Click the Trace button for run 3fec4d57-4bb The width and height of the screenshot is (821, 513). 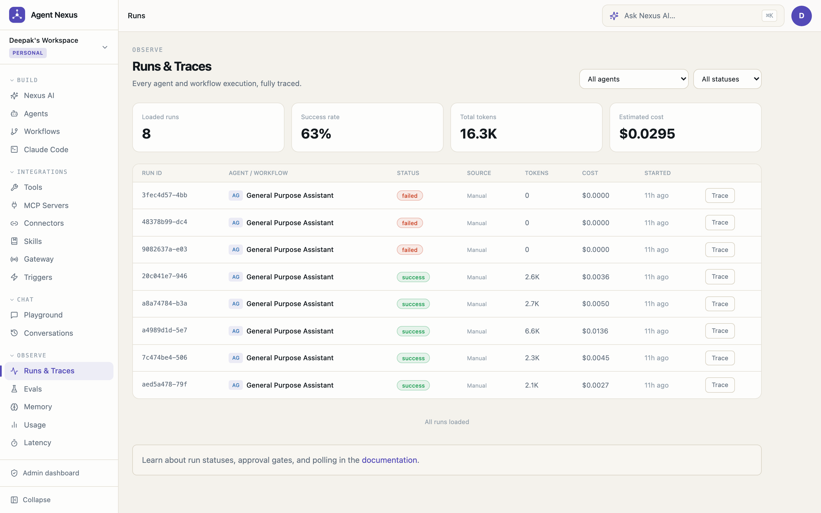(720, 196)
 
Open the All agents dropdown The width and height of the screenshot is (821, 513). (634, 79)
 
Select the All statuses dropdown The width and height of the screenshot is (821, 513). (727, 79)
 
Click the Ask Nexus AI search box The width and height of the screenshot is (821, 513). (693, 16)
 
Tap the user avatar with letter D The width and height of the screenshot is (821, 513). (801, 16)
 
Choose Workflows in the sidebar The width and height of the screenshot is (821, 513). (42, 131)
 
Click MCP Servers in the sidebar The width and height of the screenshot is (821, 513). (46, 205)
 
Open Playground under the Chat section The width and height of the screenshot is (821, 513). (43, 315)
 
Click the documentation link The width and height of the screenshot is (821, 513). (389, 460)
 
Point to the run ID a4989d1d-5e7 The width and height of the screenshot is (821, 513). (164, 330)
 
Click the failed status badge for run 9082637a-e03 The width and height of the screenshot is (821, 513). (409, 250)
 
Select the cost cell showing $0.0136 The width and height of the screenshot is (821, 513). (595, 331)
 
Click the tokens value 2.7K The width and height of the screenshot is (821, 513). (532, 304)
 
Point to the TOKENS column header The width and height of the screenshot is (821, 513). (537, 173)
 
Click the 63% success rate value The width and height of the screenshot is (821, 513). (316, 134)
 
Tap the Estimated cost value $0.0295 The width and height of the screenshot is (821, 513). (647, 134)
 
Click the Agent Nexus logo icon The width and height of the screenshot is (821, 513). (17, 15)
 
